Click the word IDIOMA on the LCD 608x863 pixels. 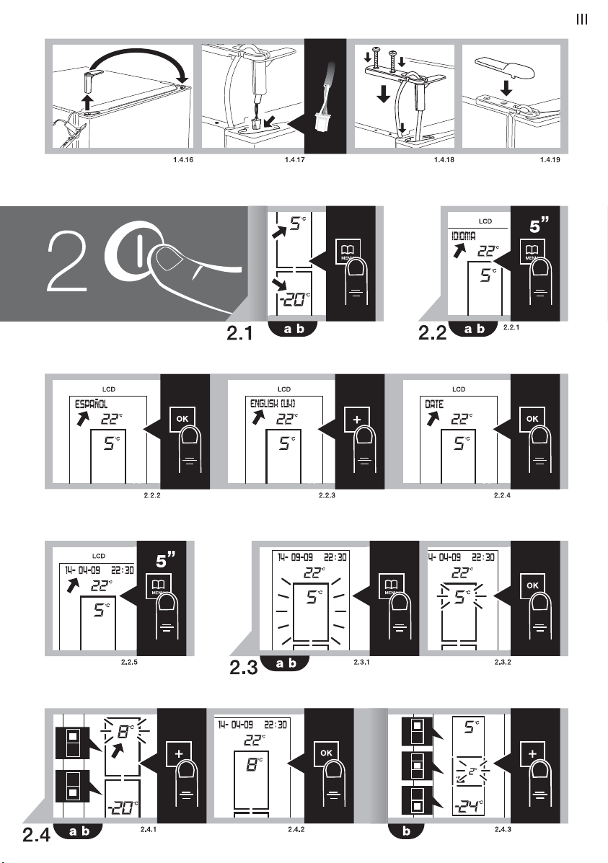click(464, 236)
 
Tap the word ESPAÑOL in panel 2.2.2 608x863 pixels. click(92, 404)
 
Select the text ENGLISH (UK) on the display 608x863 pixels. click(273, 404)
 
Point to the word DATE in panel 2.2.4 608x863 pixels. click(434, 404)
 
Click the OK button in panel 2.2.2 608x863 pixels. click(182, 419)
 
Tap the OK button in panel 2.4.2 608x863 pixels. click(326, 753)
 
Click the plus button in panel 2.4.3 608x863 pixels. click(532, 753)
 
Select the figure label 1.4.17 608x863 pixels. click(295, 160)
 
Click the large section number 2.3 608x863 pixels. click(244, 668)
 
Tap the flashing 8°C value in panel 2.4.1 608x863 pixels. click(125, 732)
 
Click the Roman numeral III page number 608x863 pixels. click(581, 19)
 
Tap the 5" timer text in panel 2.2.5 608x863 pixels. click(165, 559)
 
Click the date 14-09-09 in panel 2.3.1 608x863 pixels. click(296, 557)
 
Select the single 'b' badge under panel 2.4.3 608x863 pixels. click(407, 831)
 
